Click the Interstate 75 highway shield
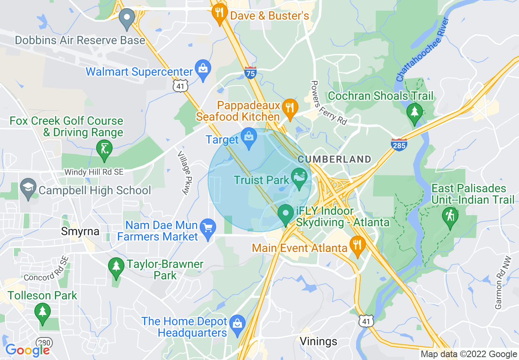[x=250, y=73]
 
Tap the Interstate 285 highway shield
[x=399, y=144]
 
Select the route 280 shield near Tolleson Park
[x=43, y=342]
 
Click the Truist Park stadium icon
[x=299, y=178]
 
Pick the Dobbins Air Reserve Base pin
[x=127, y=18]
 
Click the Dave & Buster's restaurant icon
[x=220, y=13]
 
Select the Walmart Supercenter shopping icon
[x=203, y=69]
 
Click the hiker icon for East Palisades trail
[x=450, y=216]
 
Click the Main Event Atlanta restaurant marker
[x=358, y=245]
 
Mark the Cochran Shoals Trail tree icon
[x=414, y=112]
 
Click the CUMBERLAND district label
[x=334, y=159]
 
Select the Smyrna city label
[x=80, y=232]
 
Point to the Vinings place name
[x=318, y=341]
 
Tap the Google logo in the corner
[x=27, y=350]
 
